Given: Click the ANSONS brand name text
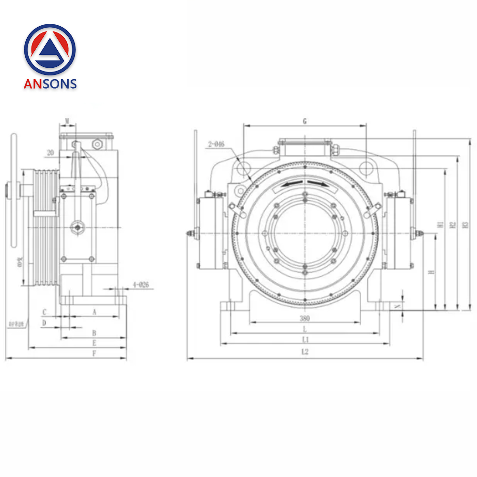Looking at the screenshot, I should tap(50, 83).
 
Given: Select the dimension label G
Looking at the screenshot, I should tap(304, 121).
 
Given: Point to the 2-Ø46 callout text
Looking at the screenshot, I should tap(216, 144).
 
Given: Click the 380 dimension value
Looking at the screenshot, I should tap(305, 318).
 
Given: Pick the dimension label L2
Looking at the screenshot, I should tap(305, 353).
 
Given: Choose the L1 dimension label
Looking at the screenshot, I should tap(305, 340).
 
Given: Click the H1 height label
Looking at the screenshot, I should tap(440, 224).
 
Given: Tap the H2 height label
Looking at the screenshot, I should tap(453, 224).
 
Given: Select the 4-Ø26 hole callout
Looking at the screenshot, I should tap(141, 285).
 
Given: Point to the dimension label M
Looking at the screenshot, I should tap(67, 120).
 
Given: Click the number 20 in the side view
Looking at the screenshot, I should tap(50, 153).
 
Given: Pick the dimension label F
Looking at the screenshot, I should tap(94, 353).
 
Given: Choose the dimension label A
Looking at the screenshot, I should tap(94, 312).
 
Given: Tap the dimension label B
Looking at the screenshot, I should tap(94, 332).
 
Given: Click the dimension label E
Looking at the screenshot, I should tap(94, 343).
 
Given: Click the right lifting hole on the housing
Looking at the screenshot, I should tap(366, 168).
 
